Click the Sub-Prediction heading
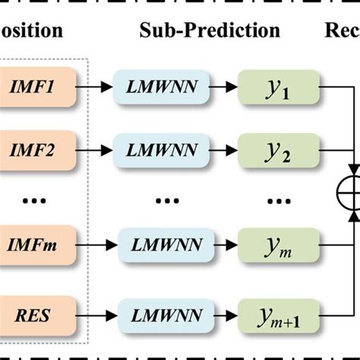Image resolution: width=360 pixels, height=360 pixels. coord(210,30)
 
